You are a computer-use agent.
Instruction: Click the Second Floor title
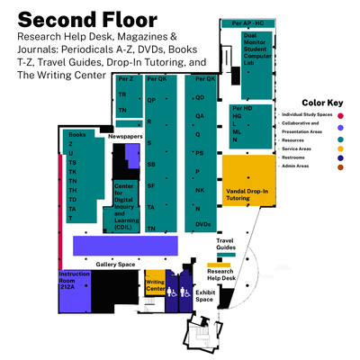(x=86, y=19)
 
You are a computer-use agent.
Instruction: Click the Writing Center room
(x=155, y=286)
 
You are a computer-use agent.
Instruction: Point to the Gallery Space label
(x=114, y=264)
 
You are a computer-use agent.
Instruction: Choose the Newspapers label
(x=125, y=138)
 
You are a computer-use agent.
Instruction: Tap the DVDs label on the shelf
(x=202, y=223)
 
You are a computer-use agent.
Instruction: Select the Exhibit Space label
(x=204, y=295)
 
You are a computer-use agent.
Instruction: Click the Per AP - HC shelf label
(x=247, y=22)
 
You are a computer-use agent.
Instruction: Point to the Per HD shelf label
(x=242, y=107)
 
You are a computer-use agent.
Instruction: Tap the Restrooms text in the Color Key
(x=292, y=156)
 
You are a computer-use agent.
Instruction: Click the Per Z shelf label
(x=125, y=79)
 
